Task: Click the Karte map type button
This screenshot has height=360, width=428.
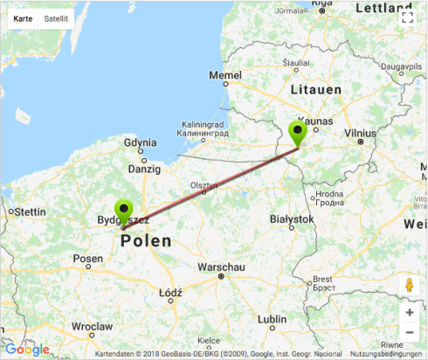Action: [x=23, y=17]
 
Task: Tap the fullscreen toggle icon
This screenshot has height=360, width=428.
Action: [x=406, y=17]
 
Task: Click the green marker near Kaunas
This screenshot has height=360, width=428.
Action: [x=299, y=134]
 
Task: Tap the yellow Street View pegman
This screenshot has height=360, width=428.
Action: [x=409, y=286]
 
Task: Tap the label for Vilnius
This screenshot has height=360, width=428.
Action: [x=360, y=134]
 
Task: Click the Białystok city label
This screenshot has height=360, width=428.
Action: [x=291, y=218]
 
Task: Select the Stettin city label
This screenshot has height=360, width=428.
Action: [x=28, y=211]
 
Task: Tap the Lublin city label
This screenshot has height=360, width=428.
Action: [x=272, y=319]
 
